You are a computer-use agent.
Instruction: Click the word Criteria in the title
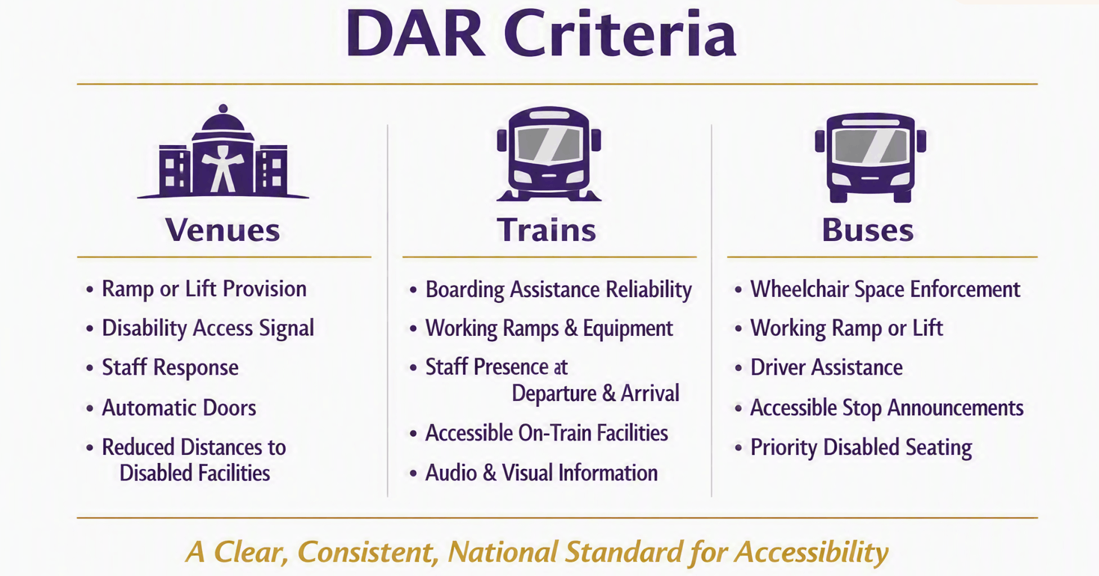(620, 34)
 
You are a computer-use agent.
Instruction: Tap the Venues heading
(223, 230)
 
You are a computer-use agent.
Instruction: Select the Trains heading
(547, 230)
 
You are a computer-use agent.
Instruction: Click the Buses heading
(868, 230)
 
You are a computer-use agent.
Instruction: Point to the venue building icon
(223, 152)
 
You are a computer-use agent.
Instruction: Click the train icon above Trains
(549, 153)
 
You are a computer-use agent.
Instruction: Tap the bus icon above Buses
(870, 158)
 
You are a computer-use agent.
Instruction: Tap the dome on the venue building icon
(223, 119)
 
